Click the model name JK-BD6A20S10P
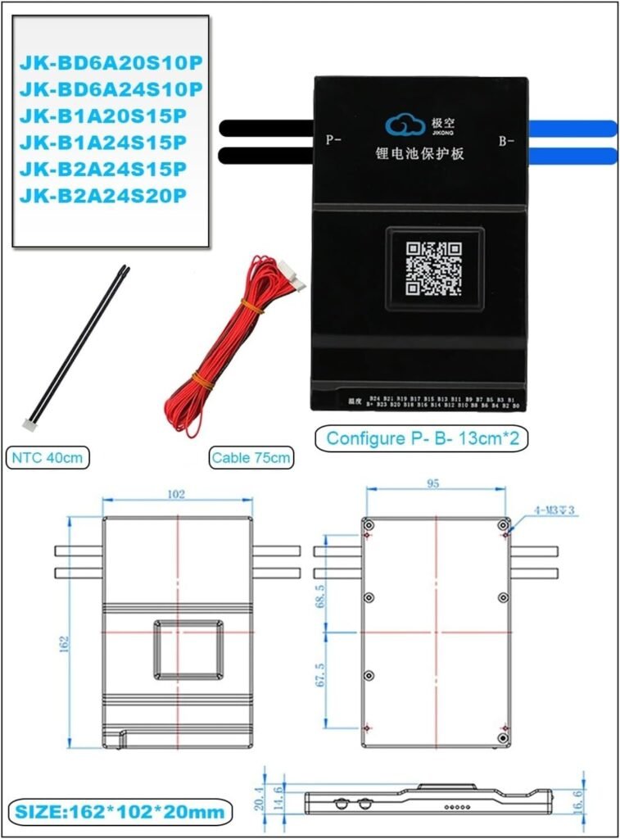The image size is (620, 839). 110,61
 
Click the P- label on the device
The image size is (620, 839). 333,140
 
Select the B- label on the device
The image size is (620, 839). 506,141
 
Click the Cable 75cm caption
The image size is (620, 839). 251,458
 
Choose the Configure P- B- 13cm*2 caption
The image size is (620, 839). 422,438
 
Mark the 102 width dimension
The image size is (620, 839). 175,494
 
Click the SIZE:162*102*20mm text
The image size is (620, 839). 118,812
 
